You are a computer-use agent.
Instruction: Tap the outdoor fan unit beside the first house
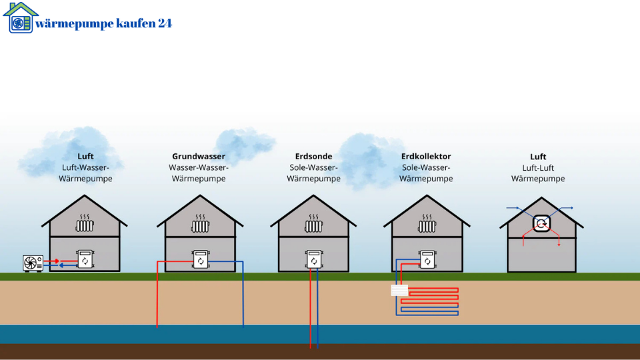(33, 263)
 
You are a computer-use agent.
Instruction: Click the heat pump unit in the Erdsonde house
(314, 259)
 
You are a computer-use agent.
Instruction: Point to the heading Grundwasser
(199, 156)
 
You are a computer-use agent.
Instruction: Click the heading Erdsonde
(313, 156)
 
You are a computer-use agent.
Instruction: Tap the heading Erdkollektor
(426, 156)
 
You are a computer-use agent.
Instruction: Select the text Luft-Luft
(538, 168)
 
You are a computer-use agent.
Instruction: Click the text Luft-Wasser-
(85, 167)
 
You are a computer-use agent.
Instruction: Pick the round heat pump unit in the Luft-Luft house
(541, 223)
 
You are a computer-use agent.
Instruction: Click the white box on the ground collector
(399, 290)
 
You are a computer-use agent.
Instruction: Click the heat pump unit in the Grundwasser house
(201, 259)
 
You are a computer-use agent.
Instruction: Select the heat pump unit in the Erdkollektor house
(427, 259)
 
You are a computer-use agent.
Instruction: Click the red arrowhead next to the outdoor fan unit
(57, 261)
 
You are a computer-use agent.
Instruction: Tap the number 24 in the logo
(165, 23)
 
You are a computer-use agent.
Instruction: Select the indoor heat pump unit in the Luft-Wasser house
(85, 259)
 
